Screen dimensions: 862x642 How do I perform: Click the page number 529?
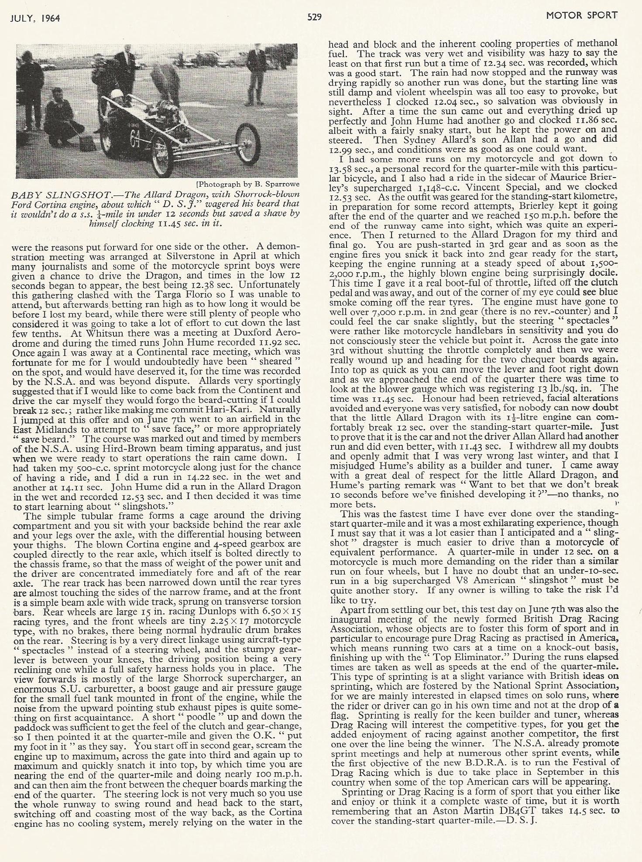point(315,17)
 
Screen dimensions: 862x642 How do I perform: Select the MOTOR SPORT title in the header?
point(581,16)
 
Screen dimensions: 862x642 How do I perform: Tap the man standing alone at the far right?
point(254,74)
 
